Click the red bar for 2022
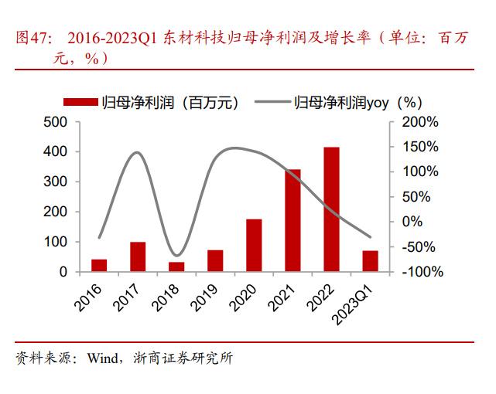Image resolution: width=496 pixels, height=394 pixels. (x=331, y=209)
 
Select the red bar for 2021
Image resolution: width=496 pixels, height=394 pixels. (x=292, y=220)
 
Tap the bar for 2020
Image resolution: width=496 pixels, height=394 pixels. (x=254, y=245)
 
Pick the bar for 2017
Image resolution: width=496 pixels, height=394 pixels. (x=138, y=256)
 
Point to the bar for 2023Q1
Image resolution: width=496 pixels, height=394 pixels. (x=370, y=261)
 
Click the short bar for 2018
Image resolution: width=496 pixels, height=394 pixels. (x=176, y=267)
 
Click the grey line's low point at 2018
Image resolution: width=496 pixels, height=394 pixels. (x=176, y=255)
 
